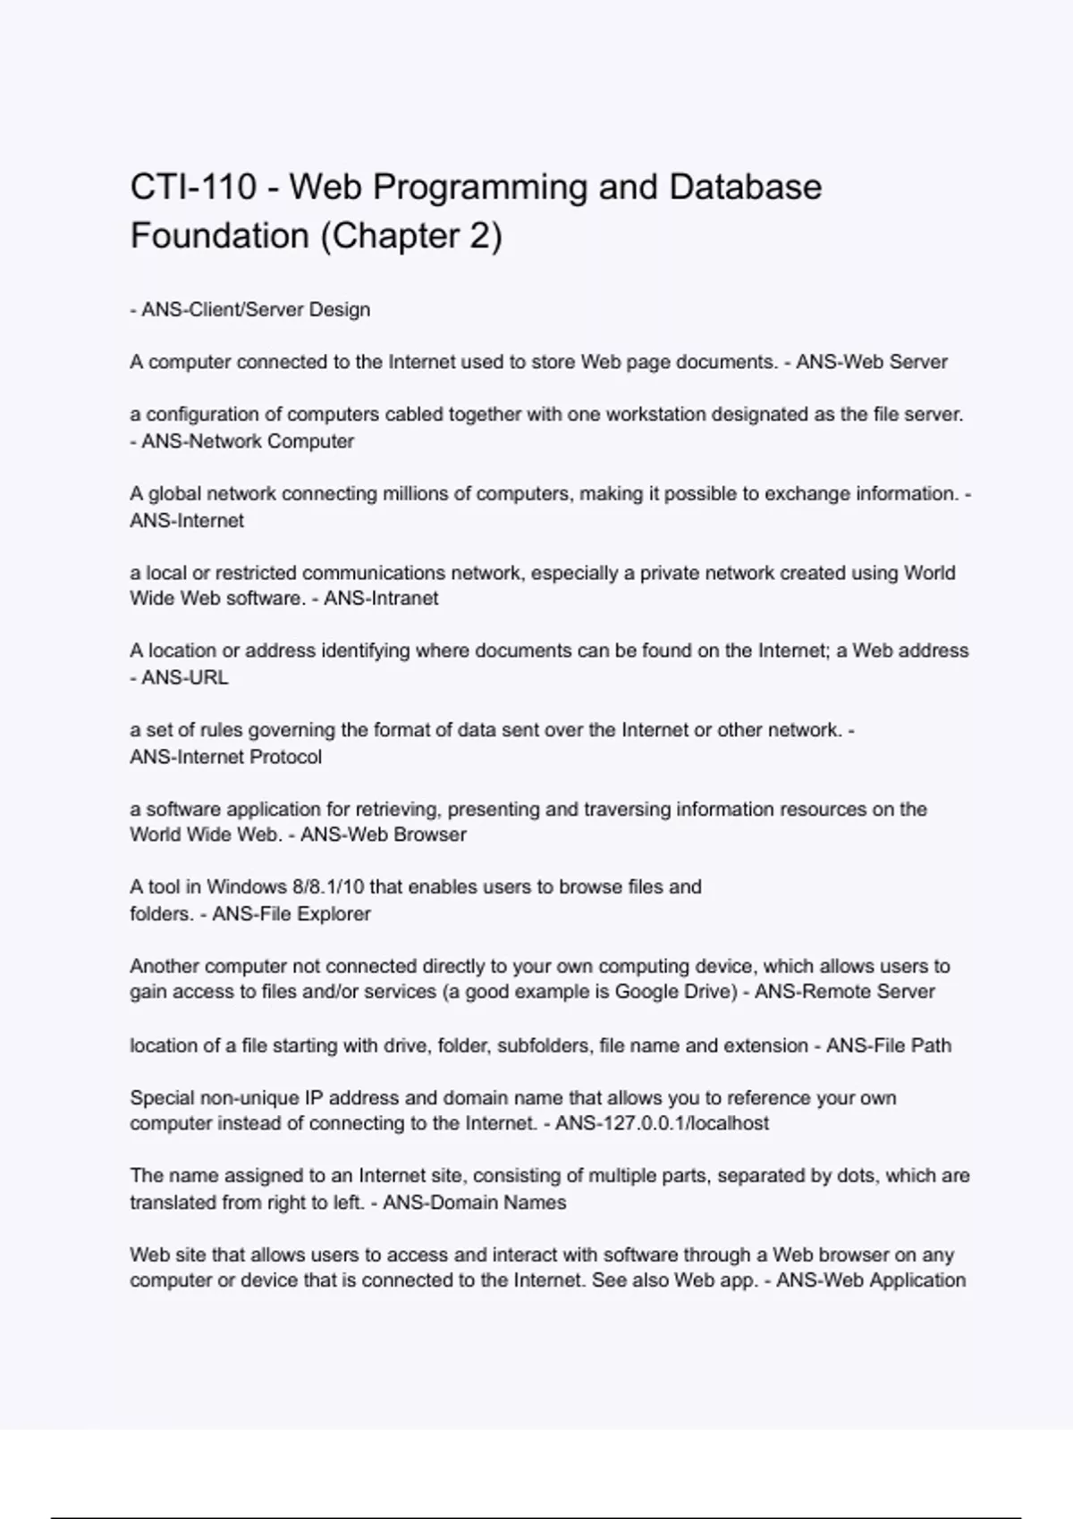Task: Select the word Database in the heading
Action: (745, 188)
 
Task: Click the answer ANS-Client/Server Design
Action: (256, 310)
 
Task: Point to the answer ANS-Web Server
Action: (872, 362)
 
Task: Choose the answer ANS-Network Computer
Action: (248, 441)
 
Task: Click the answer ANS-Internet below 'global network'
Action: (187, 521)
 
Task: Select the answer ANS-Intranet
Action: (381, 599)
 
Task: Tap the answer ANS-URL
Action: (185, 678)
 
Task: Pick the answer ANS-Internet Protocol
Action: (226, 757)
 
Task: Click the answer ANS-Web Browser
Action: (384, 835)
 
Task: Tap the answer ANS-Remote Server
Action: (845, 992)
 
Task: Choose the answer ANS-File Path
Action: (889, 1045)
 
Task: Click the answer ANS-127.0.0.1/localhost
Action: (662, 1123)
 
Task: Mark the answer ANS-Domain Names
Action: (475, 1203)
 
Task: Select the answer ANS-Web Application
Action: (871, 1280)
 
